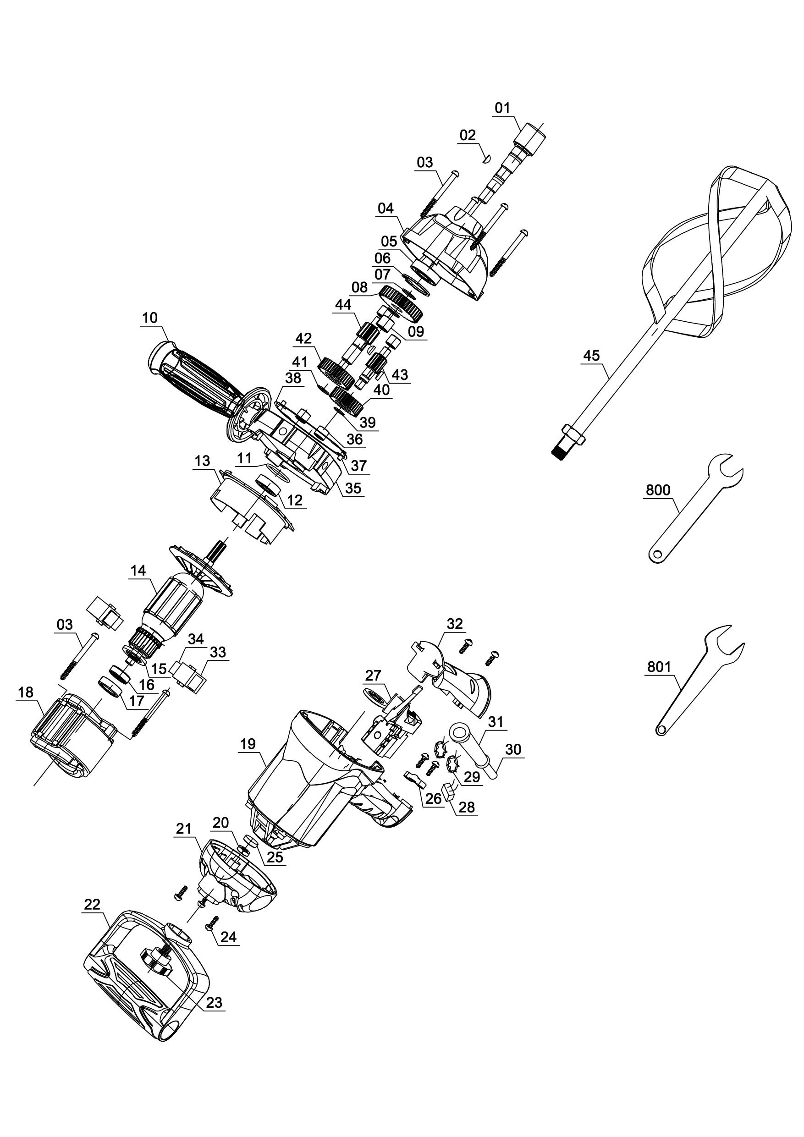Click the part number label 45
click(x=591, y=356)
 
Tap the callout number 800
click(x=658, y=490)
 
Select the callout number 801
click(x=659, y=667)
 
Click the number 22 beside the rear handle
click(x=92, y=905)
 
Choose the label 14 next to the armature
click(x=138, y=571)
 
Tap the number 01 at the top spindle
click(x=502, y=108)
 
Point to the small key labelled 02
click(x=486, y=159)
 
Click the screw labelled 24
click(x=212, y=922)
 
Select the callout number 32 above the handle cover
click(x=455, y=624)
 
